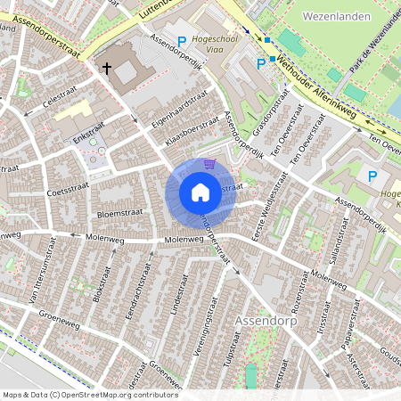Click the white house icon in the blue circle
point(200,192)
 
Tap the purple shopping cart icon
point(209,164)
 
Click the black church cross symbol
point(106,68)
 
